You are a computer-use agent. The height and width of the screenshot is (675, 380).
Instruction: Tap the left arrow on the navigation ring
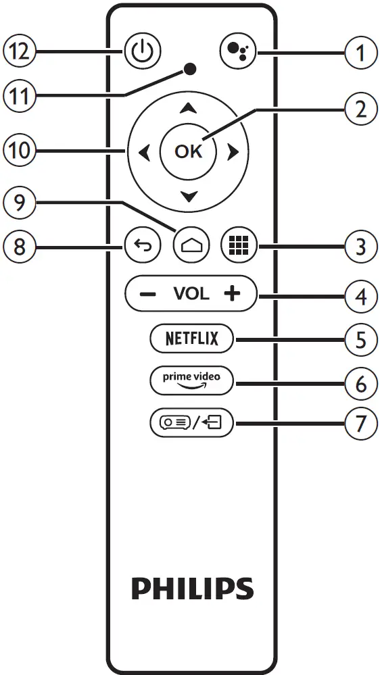click(143, 153)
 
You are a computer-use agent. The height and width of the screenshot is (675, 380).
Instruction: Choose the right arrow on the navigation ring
click(233, 153)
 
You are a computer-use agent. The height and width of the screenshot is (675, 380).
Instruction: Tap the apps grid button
click(238, 245)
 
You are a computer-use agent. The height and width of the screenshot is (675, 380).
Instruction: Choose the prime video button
click(191, 380)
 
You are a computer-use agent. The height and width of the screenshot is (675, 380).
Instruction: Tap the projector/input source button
click(191, 424)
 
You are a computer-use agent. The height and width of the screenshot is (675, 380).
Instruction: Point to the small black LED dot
click(191, 68)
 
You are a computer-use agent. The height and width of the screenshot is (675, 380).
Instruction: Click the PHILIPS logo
click(192, 588)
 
